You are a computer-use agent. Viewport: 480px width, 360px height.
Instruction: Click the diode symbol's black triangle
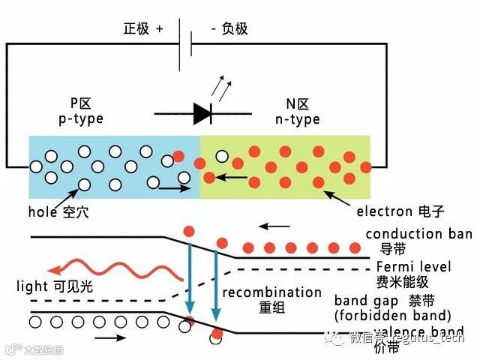202,113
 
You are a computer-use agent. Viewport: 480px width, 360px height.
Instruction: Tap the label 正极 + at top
143,29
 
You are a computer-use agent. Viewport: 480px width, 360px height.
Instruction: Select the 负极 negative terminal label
229,29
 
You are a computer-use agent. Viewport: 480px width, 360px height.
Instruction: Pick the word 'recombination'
271,292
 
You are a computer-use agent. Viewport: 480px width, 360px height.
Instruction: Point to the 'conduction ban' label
418,234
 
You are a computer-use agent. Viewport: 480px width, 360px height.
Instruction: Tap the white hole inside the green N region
222,156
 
